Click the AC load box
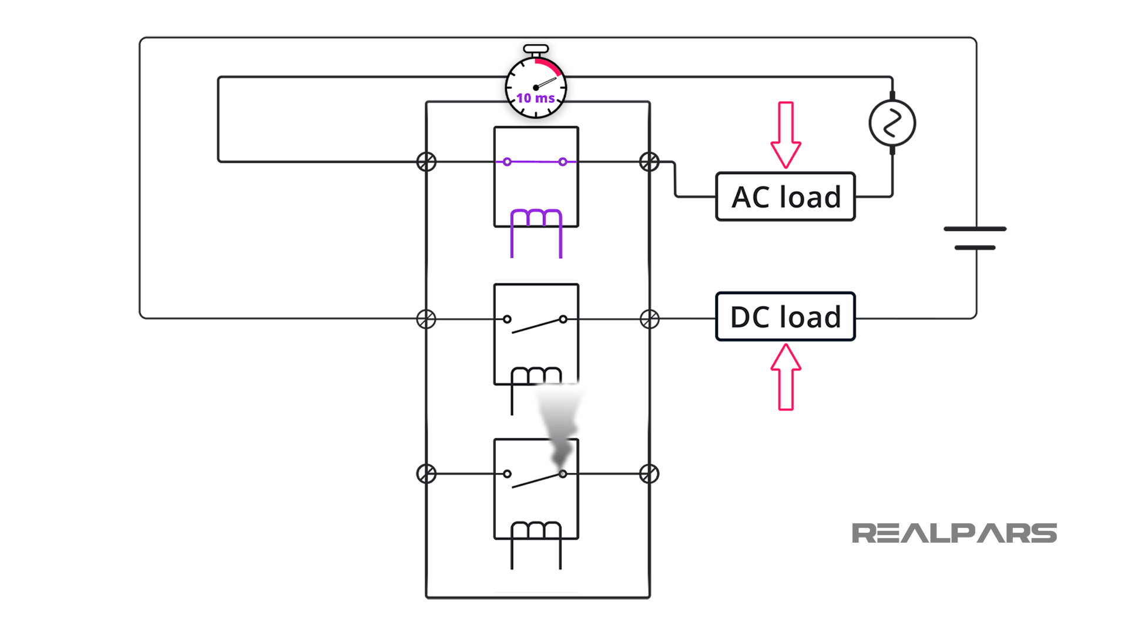[785, 196]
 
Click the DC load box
[785, 316]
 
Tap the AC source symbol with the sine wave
[892, 123]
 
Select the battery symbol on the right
[975, 238]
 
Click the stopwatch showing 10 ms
[536, 82]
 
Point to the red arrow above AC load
[786, 135]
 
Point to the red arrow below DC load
[786, 377]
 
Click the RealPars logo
[954, 533]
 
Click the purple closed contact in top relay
[535, 162]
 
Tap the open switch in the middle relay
[535, 324]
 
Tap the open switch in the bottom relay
[535, 479]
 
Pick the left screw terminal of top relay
[427, 162]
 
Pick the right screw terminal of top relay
[649, 162]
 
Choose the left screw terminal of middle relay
[427, 319]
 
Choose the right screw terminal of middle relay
[649, 319]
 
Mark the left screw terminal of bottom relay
[427, 474]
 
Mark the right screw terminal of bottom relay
[649, 474]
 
